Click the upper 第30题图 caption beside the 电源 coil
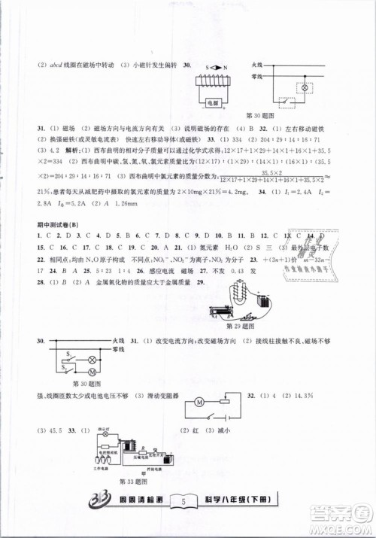click(x=259, y=114)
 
